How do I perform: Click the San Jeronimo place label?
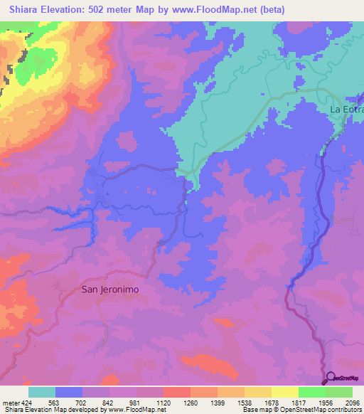pos(109,290)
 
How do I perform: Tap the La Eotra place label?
pos(347,110)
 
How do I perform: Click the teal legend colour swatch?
pos(41,392)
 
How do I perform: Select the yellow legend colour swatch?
pos(284,392)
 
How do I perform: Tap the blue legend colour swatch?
pos(68,392)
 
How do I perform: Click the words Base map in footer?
pos(259,410)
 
